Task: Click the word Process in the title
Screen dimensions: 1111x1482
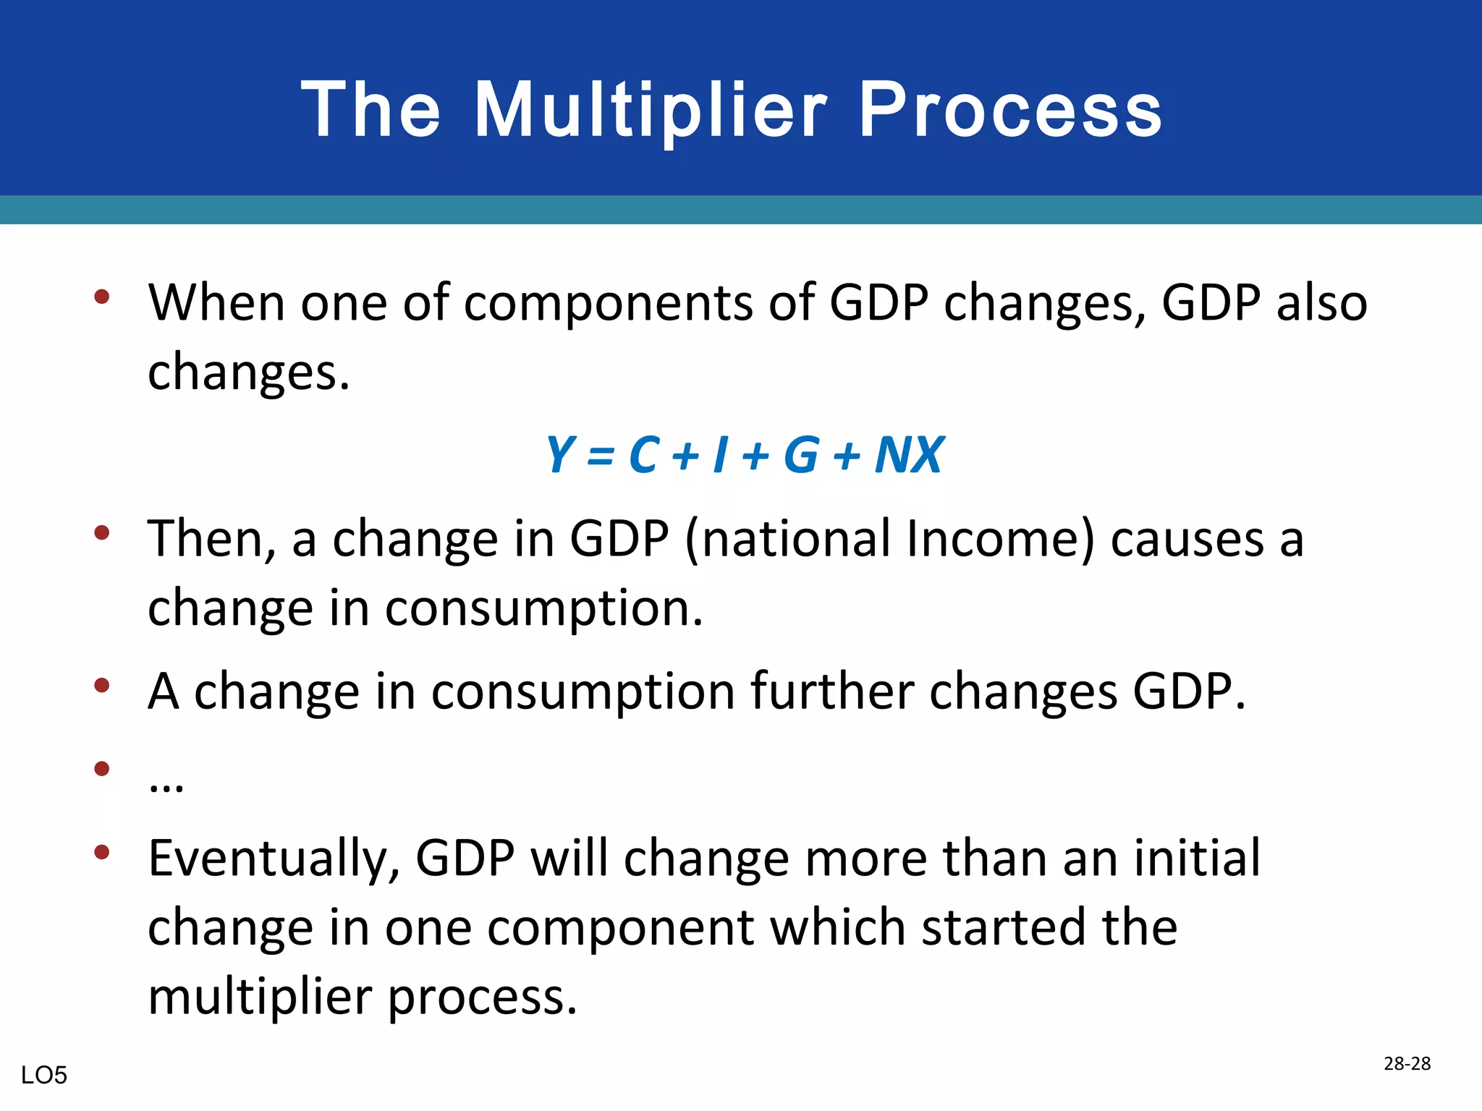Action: tap(1010, 110)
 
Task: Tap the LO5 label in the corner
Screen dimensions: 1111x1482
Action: tap(44, 1076)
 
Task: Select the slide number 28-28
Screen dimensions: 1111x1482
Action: tap(1407, 1063)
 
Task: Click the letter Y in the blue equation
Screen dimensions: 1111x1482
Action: tap(560, 455)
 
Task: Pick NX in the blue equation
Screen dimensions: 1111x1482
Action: tap(909, 455)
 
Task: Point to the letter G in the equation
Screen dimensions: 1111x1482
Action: tap(801, 455)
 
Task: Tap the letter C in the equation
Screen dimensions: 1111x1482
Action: tap(644, 455)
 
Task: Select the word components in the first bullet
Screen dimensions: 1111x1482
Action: tap(608, 304)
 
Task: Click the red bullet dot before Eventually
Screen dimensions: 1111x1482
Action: tap(102, 852)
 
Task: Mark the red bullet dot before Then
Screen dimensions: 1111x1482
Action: tap(102, 533)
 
